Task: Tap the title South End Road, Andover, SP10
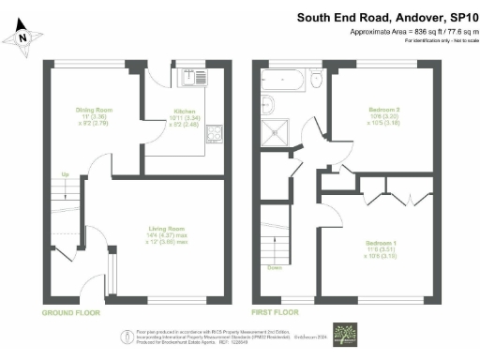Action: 386,17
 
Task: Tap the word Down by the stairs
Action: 275,267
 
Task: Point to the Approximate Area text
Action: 406,32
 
